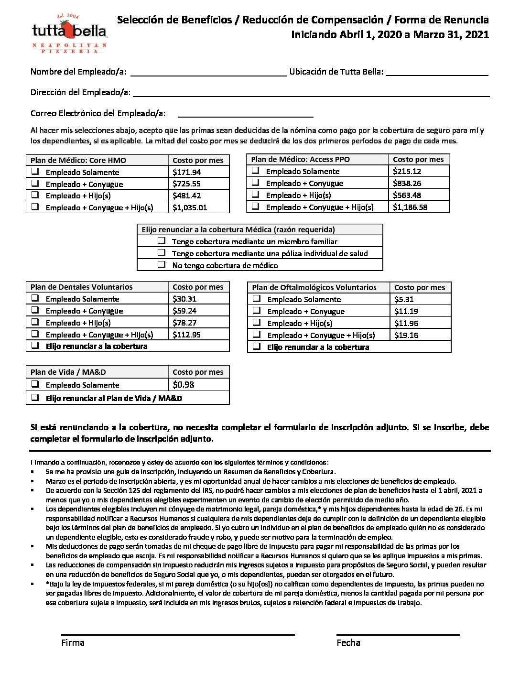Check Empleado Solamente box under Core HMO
tap(35, 171)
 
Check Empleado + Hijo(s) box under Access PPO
tap(256, 195)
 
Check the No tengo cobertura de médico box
tap(162, 264)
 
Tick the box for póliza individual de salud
tap(162, 252)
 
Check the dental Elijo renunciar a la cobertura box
tap(35, 345)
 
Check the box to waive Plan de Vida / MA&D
tap(35, 397)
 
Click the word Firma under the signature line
tap(73, 643)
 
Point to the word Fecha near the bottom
tap(348, 643)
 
